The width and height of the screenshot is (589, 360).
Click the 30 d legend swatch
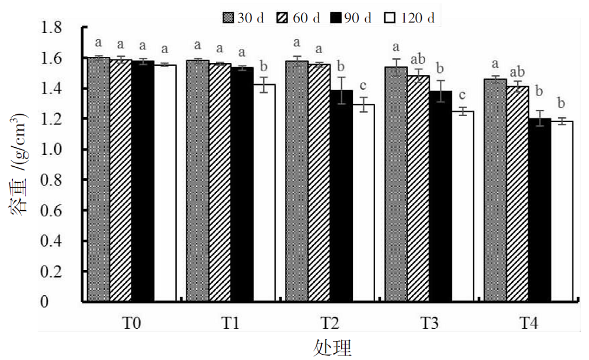(x=229, y=18)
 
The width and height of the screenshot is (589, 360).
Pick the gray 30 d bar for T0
(x=98, y=180)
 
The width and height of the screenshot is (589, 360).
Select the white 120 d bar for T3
(x=462, y=206)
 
